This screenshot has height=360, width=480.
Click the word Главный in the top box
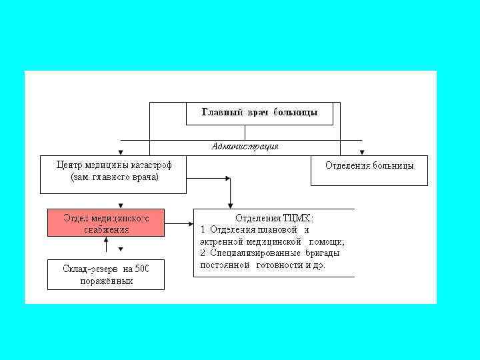click(221, 112)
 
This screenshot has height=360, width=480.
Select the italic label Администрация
click(245, 146)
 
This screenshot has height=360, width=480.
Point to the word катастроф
click(157, 165)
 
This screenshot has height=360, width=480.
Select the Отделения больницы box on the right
click(369, 165)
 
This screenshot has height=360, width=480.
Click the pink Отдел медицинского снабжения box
click(105, 223)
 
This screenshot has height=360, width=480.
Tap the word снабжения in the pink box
click(105, 229)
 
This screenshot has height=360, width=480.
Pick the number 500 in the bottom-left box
click(142, 269)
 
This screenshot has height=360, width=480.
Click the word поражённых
click(106, 281)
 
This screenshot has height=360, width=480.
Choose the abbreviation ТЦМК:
click(297, 218)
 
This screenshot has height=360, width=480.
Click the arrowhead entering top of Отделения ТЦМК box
click(231, 205)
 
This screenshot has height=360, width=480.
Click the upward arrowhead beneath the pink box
click(106, 239)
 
